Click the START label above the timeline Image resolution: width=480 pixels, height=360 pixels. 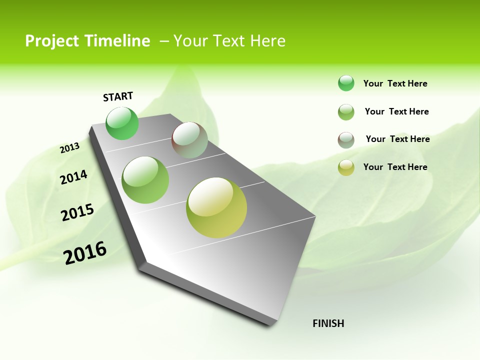tap(118, 96)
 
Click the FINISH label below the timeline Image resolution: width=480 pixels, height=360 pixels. tap(328, 323)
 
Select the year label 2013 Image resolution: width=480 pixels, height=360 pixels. tap(69, 148)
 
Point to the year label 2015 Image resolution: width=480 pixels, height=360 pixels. tap(77, 212)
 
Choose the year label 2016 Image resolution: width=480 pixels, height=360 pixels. tap(85, 253)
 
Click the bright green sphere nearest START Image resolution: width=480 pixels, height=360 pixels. tap(122, 123)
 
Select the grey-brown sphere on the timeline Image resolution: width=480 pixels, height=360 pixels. tap(189, 140)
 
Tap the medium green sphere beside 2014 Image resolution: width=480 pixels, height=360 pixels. tap(145, 180)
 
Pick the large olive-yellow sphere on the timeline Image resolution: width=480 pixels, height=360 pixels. tap(216, 207)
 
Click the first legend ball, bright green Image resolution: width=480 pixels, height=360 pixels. tap(346, 83)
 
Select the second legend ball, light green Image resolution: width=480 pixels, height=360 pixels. tap(346, 112)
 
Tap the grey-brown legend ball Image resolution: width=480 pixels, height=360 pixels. tap(346, 140)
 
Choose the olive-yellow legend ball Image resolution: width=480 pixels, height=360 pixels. tap(346, 167)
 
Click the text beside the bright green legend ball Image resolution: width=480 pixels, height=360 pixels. tap(395, 84)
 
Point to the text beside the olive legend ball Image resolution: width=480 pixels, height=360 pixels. tap(395, 167)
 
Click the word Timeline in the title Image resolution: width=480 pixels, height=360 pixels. tap(118, 41)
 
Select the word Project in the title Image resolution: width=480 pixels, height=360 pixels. tap(51, 41)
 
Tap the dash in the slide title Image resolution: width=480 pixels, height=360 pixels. tap(164, 41)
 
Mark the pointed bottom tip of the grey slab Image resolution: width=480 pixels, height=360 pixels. tap(270, 324)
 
